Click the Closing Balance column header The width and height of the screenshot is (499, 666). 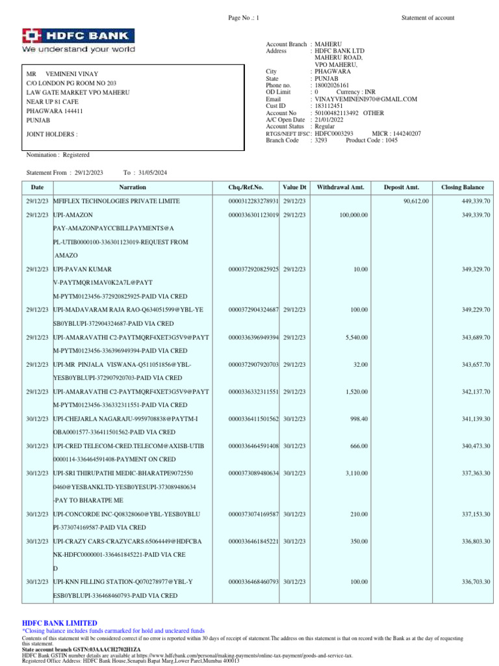(463, 187)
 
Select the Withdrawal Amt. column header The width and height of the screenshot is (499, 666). (340, 187)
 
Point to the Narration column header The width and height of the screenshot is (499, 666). (133, 187)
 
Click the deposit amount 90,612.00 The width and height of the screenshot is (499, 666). (416, 201)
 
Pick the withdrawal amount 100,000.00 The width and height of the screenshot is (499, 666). (353, 215)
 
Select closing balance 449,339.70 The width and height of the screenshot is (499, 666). (476, 201)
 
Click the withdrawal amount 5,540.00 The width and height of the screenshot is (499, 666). (356, 337)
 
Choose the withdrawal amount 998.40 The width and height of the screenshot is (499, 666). (359, 418)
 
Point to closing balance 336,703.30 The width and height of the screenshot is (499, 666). (476, 581)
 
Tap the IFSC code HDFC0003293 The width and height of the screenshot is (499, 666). (334, 133)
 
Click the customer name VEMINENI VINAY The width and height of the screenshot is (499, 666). (72, 74)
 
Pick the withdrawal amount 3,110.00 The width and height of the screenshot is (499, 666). (356, 473)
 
